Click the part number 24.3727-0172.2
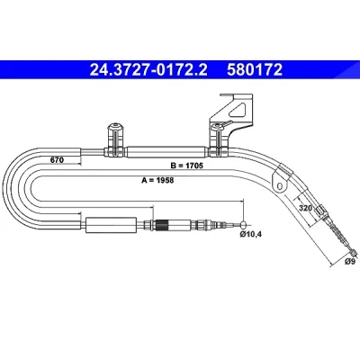point(148,70)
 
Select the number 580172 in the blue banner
point(255,70)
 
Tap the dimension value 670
point(57,160)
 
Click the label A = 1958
point(157,180)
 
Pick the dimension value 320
point(306,208)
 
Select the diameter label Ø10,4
point(251,234)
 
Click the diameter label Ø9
point(350,261)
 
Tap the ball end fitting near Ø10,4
point(245,224)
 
